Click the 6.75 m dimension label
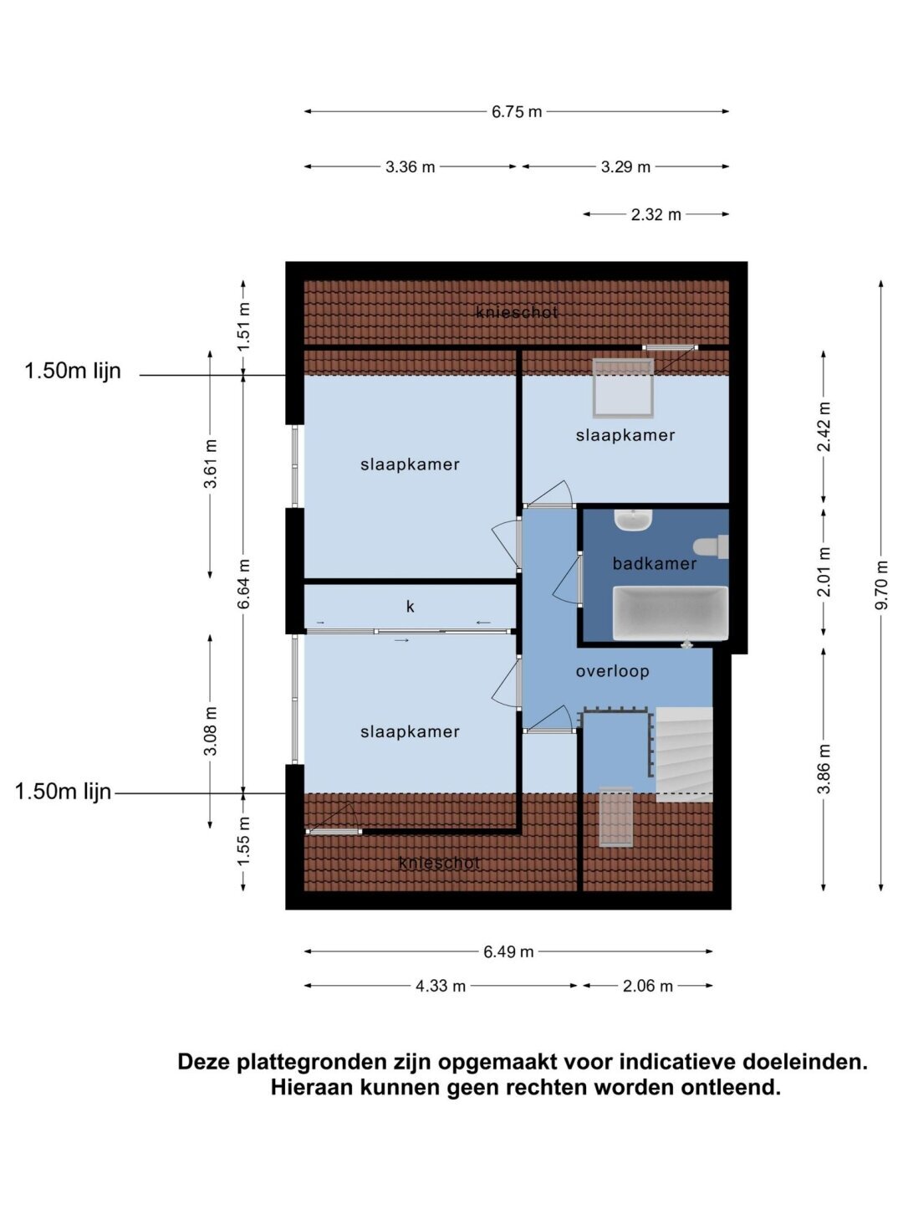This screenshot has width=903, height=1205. click(516, 112)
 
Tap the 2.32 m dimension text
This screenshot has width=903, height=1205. click(656, 214)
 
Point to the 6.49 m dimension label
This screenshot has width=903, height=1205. click(508, 951)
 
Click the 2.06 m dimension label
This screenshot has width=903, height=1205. click(647, 986)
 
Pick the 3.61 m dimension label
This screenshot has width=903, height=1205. click(210, 464)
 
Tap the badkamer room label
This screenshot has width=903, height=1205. click(654, 563)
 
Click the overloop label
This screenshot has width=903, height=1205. click(612, 671)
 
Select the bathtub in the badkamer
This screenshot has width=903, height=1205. click(670, 613)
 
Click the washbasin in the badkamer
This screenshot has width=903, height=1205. click(633, 520)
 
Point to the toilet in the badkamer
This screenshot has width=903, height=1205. click(711, 546)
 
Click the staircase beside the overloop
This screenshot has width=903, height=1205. click(684, 754)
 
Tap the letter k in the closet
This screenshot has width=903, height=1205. click(410, 606)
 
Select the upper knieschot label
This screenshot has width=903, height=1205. click(517, 312)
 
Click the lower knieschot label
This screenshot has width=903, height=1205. click(439, 863)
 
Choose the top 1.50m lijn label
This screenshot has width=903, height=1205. click(73, 371)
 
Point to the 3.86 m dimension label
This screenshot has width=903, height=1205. click(824, 768)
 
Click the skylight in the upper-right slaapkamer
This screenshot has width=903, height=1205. click(623, 388)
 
